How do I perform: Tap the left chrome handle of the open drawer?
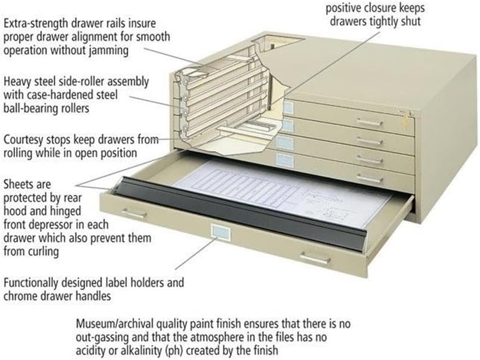tap(133, 212)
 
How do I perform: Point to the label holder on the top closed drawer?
tap(288, 108)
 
